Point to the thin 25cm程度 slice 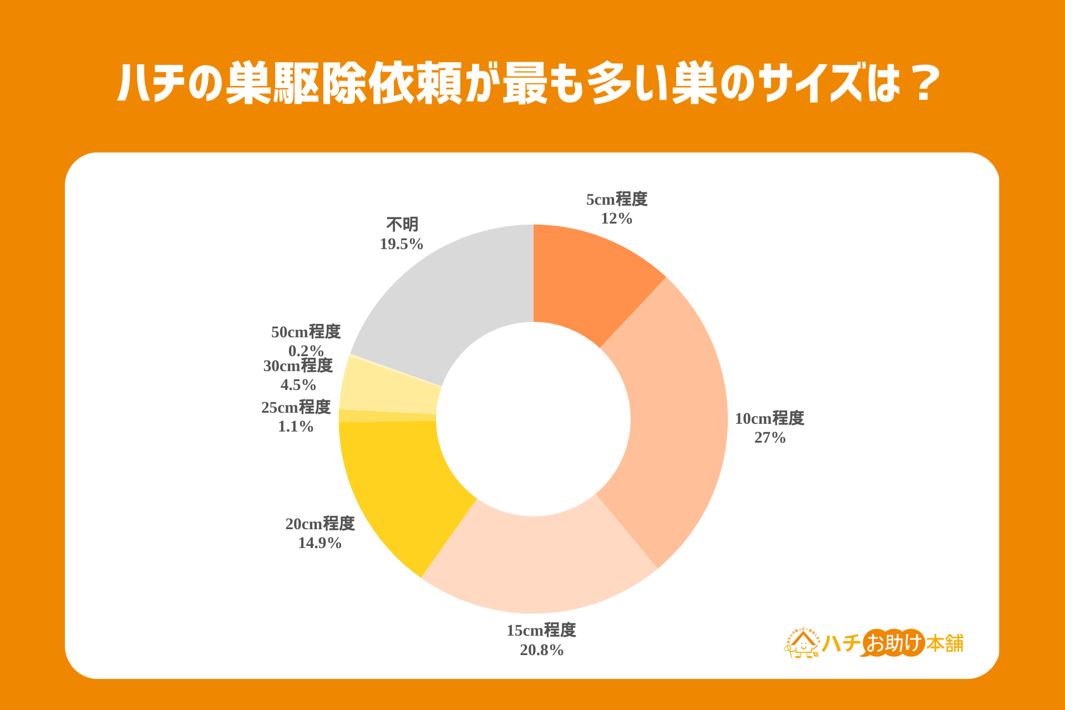point(387,416)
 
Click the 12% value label point(617,219)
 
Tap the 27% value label point(770,438)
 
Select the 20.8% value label point(541,650)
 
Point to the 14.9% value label point(320,542)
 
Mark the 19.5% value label point(402,244)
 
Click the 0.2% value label point(306,351)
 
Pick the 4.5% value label point(298,384)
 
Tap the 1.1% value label point(296,426)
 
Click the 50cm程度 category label point(306,332)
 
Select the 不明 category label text point(402,225)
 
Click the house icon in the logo point(802,643)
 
